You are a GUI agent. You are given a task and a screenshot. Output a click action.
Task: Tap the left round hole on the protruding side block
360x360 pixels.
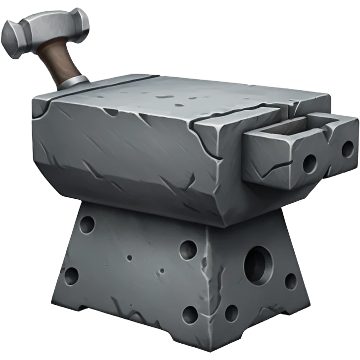[x=310, y=162]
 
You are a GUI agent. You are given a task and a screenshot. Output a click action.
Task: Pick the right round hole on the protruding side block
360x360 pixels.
[x=348, y=148]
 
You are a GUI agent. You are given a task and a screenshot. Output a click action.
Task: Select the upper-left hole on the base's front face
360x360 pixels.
[x=87, y=225]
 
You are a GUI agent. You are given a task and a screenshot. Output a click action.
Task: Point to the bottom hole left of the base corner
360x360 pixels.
[x=190, y=314]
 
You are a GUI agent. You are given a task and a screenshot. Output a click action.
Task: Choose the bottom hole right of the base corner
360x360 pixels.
[x=231, y=313]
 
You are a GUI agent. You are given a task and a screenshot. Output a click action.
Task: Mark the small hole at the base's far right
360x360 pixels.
[x=291, y=281]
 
